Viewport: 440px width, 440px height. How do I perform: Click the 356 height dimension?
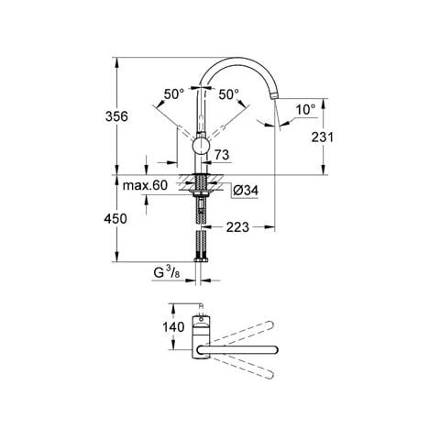point(116,116)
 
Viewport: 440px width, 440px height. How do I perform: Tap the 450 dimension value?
point(115,219)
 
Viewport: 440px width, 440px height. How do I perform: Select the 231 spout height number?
point(323,137)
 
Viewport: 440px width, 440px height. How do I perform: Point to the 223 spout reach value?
point(237,227)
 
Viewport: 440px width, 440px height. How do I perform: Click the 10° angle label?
point(305,109)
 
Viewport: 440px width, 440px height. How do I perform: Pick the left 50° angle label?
point(174,94)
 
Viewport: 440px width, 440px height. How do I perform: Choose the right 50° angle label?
point(228,94)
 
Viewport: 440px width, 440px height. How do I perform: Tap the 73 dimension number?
point(222,155)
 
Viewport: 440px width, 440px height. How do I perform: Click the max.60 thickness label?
point(145,185)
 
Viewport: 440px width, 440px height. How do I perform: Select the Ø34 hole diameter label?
point(246,191)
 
